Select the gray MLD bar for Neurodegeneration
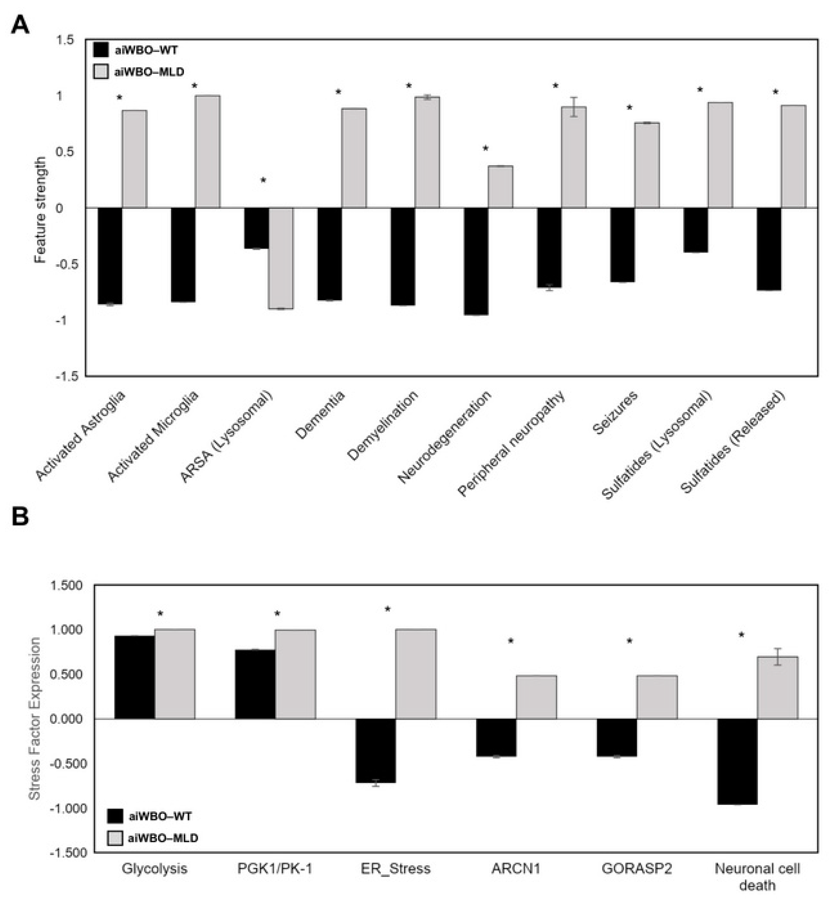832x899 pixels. coord(500,187)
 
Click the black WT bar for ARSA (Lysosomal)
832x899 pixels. coord(256,228)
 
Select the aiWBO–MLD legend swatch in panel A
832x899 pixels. coord(101,71)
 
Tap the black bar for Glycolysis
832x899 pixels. coord(135,677)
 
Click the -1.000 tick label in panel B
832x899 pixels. coord(68,809)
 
